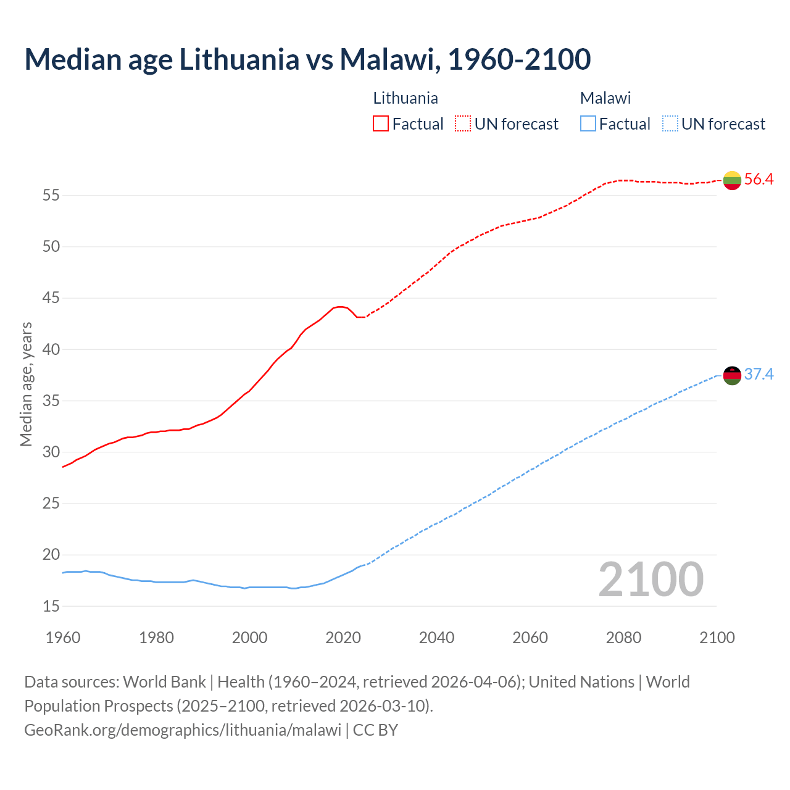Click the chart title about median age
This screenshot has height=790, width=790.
tap(307, 59)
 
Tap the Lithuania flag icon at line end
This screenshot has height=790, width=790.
tap(732, 180)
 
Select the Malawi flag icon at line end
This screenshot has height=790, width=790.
tap(732, 375)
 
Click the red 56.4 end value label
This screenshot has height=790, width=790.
tap(759, 180)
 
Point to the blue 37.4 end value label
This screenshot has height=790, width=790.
tap(759, 375)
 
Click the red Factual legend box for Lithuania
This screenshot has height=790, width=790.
tap(381, 124)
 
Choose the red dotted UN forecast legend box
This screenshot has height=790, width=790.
tap(463, 124)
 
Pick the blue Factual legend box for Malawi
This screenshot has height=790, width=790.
tap(588, 124)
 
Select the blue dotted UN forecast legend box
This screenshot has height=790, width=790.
tap(670, 124)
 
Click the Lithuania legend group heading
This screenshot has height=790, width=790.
tap(405, 98)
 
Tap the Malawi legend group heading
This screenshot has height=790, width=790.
tap(605, 98)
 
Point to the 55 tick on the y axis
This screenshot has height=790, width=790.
tap(51, 196)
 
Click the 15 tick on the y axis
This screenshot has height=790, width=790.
tap(51, 606)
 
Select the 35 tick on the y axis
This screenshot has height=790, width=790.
tap(51, 401)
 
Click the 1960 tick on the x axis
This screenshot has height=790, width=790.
tap(63, 638)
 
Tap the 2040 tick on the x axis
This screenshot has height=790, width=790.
tap(436, 638)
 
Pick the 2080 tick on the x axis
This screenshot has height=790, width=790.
tap(623, 638)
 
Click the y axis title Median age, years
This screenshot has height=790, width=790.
tap(26, 384)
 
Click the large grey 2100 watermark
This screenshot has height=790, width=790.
tap(651, 579)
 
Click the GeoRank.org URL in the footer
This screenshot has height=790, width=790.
tap(183, 730)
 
